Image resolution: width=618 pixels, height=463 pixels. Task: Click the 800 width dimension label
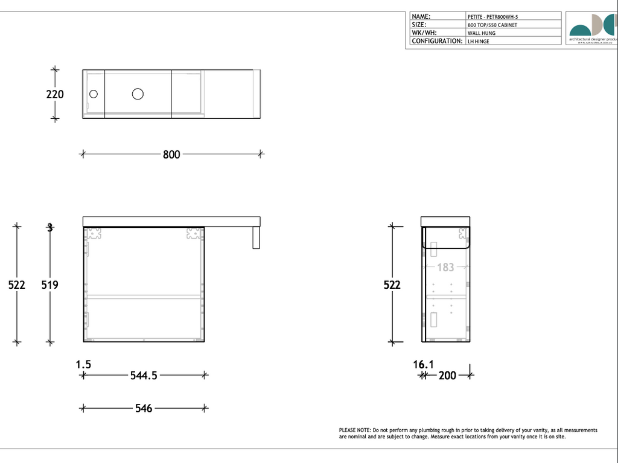coord(171,154)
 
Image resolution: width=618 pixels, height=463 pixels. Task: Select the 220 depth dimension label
coord(55,95)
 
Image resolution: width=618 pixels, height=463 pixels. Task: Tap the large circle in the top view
coord(138,93)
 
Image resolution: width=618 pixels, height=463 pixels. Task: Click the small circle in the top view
coord(94,94)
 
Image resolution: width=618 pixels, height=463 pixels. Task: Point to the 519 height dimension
coord(49,285)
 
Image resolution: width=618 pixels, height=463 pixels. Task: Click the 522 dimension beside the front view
coord(17,285)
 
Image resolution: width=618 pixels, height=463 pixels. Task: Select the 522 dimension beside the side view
coord(392,285)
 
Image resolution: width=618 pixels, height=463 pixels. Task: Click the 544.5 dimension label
coord(144,376)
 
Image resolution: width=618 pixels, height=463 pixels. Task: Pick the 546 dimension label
coord(144,409)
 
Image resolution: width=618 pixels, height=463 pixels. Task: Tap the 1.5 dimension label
coord(83,364)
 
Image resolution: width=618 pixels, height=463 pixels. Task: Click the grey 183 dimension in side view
coord(445,267)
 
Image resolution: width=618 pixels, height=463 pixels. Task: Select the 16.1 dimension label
coord(423,364)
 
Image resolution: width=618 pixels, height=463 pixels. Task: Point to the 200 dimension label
coord(447,376)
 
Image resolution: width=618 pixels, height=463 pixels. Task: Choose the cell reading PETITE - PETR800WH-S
coord(492,17)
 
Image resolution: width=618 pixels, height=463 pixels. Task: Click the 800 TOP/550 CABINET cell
coord(492,25)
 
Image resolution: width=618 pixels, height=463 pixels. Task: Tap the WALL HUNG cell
coord(482,33)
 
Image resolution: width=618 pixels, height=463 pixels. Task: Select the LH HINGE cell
coord(479,42)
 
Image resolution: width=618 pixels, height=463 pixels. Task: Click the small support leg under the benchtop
coord(256,238)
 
